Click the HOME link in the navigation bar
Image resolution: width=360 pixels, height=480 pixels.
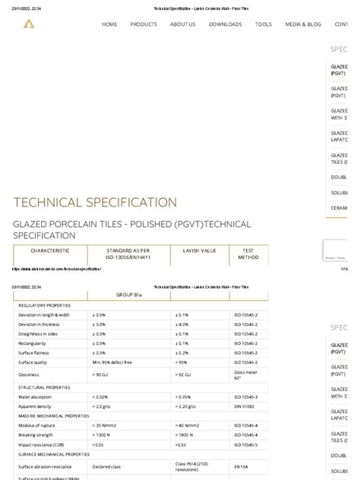109,24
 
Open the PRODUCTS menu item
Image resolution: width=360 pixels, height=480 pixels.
144,24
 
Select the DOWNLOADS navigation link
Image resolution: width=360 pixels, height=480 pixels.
226,24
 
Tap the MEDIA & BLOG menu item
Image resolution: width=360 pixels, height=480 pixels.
303,24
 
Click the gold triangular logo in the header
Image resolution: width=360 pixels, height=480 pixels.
28,24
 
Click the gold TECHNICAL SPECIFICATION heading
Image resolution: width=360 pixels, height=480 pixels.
95,203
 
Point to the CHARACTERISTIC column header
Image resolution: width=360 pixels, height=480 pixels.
50,250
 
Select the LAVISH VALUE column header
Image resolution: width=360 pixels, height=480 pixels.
200,250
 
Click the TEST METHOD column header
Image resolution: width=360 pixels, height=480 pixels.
248,254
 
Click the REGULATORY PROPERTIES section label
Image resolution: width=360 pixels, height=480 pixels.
44,305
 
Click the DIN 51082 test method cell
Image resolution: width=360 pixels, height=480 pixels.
245,406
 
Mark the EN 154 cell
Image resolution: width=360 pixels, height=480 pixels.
240,466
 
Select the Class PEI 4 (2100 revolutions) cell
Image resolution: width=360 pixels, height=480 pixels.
197,466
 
